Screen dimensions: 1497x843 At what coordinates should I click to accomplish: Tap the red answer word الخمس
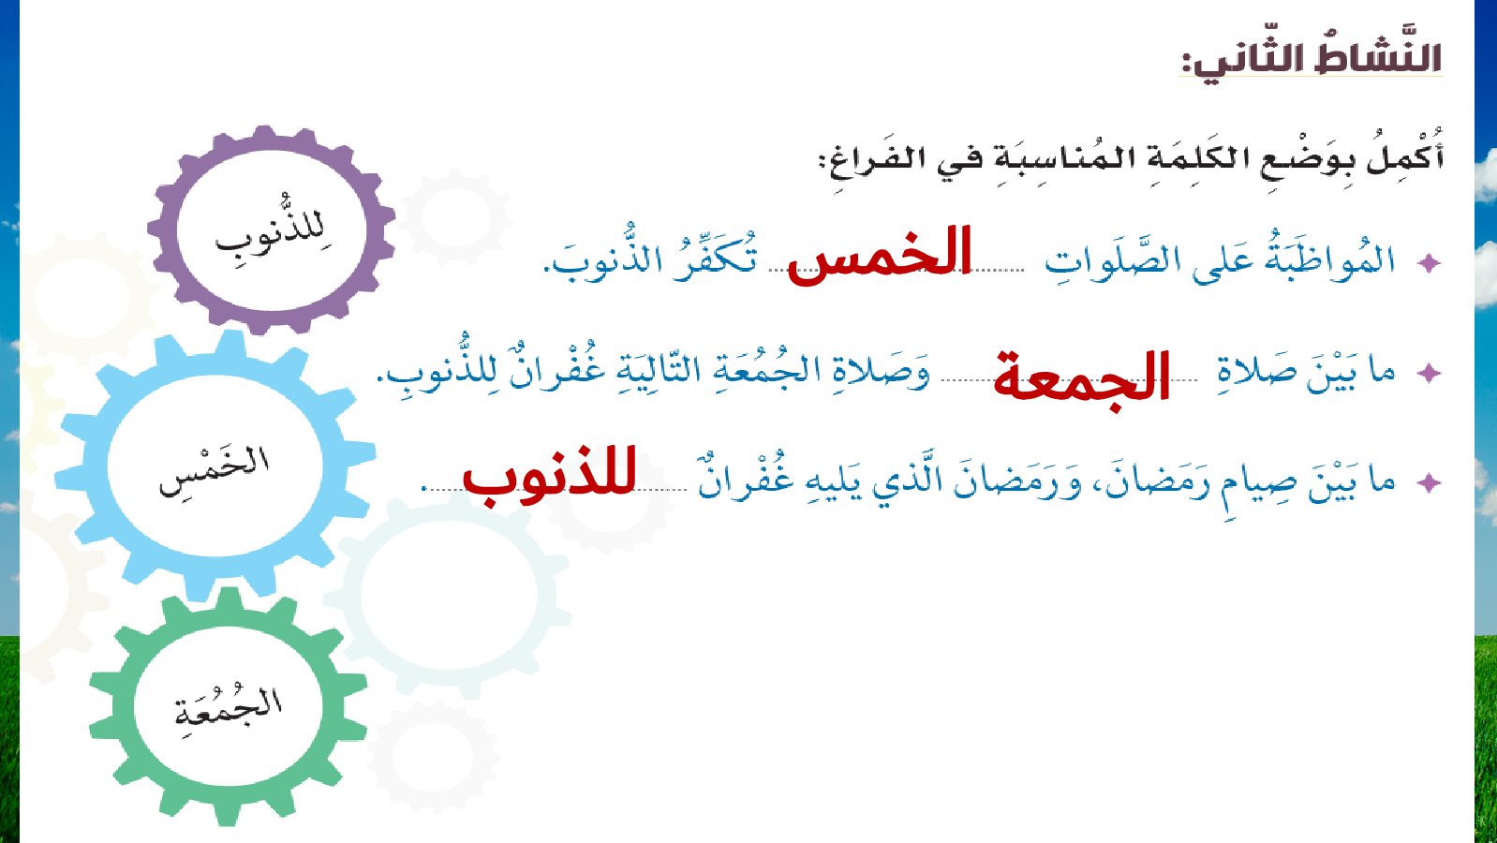880,255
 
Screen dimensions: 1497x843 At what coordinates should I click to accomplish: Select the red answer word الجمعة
1081,378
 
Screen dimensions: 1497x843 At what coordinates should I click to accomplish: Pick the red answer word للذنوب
549,475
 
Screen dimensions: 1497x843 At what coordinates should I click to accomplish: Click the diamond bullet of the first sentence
1429,263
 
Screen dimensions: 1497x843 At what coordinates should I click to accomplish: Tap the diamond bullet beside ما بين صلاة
1429,373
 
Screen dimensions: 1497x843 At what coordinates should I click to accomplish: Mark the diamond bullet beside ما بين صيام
1429,482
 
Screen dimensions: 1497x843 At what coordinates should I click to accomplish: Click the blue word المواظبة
1330,258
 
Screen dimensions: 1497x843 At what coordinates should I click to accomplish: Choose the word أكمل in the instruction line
1405,155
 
